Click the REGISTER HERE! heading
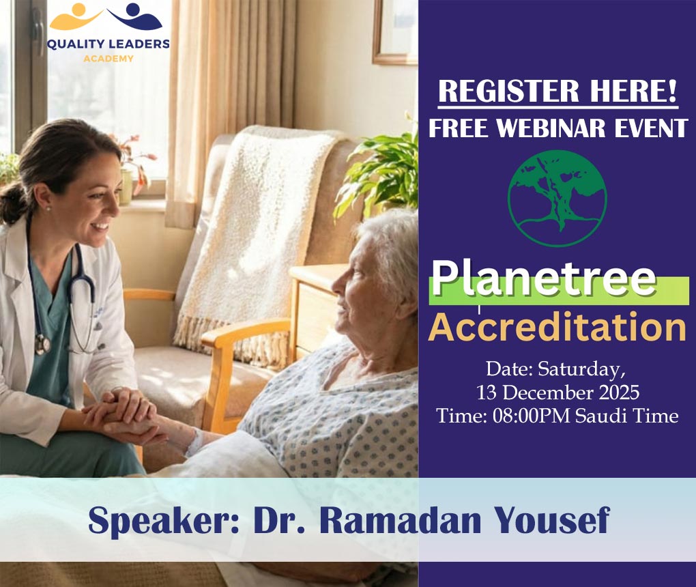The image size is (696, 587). coord(557,91)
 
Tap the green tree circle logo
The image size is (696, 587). coord(557,199)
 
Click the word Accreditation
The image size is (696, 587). coord(557,327)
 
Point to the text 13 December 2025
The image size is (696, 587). coord(557,392)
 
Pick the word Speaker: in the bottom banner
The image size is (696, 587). coord(164,521)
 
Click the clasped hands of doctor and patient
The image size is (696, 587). coord(123,416)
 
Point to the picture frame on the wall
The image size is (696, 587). coord(395,31)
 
